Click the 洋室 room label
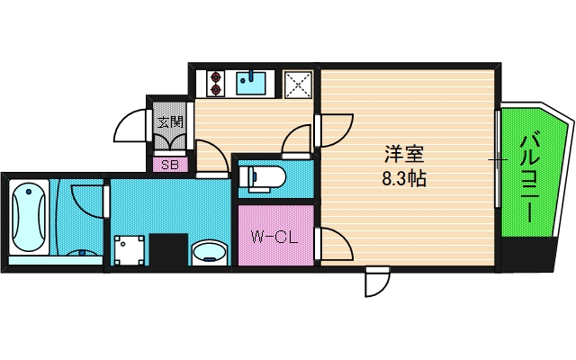[403, 155]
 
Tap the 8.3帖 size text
[403, 178]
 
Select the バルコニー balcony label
[530, 177]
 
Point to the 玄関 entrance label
[170, 121]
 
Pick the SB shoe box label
[170, 165]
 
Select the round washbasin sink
[211, 250]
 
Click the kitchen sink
[251, 84]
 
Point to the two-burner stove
[215, 84]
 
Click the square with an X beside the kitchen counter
[298, 84]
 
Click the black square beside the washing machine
[167, 249]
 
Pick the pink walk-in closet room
[274, 236]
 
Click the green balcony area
[531, 175]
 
